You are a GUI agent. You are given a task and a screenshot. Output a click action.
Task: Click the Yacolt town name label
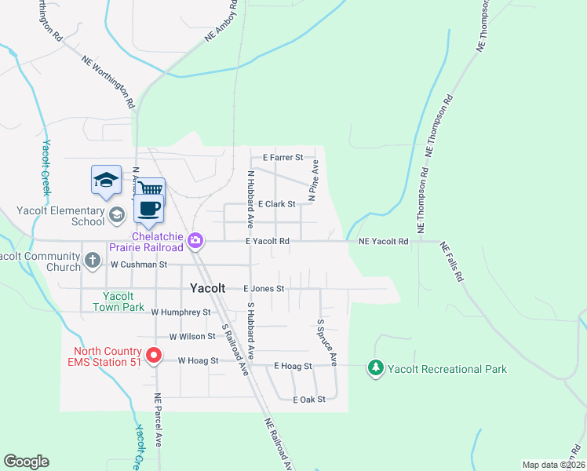207,288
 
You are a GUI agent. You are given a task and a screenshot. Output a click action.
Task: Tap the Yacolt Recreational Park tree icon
376,367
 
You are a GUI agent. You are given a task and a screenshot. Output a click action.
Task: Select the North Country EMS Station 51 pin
155,356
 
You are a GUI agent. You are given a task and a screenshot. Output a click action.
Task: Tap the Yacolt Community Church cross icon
92,259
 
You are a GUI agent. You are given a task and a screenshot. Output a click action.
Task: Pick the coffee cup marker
148,207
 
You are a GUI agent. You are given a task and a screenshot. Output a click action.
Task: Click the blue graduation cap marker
106,180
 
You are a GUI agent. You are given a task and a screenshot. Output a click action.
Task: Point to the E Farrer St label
283,158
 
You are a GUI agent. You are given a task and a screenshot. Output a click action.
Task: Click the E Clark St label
275,204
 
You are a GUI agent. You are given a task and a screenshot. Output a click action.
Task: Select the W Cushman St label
139,265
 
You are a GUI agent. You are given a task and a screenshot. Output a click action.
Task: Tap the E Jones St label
263,289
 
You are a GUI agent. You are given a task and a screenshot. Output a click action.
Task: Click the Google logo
26,462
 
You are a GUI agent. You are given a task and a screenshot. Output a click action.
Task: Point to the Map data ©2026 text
552,465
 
